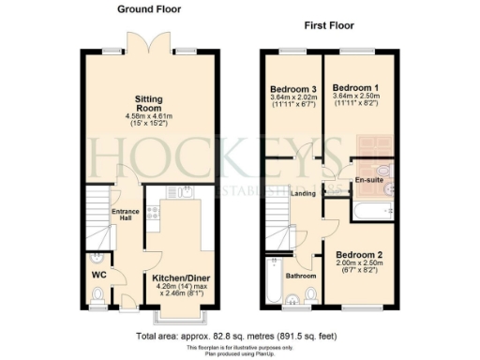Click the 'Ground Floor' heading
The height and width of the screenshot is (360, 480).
tap(149, 8)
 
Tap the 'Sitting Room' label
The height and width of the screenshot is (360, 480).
tap(149, 103)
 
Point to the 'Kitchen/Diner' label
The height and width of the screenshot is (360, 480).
tap(181, 278)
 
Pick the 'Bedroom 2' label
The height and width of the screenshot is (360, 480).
tap(356, 254)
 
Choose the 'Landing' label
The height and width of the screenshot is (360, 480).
tap(303, 194)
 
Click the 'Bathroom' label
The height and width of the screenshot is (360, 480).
tap(301, 276)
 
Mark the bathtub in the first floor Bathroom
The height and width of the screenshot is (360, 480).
tap(273, 277)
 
